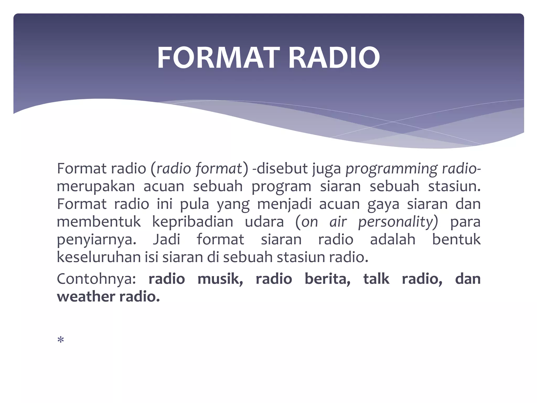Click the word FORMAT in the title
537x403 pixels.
(218, 58)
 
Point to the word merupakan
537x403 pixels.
(96, 187)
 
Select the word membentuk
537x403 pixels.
(99, 222)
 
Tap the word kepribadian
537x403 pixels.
(193, 222)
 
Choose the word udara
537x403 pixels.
(264, 222)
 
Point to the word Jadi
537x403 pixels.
(167, 239)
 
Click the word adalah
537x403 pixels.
(393, 239)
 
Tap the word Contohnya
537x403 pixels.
(96, 279)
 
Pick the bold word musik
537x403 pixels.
(220, 279)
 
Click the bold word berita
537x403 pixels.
(327, 279)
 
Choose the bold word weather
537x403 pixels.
(86, 297)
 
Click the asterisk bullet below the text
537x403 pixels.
(61, 340)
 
